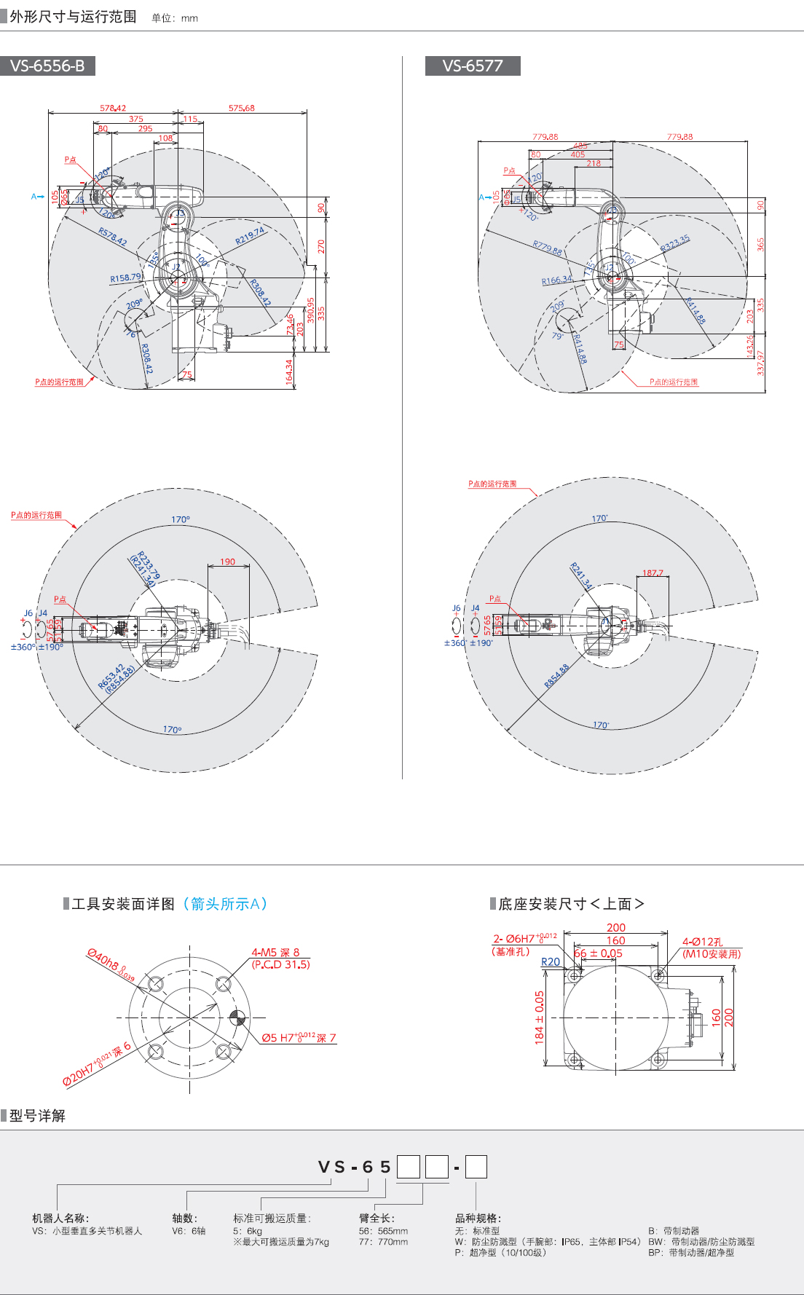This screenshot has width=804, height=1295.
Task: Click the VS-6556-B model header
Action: point(47,66)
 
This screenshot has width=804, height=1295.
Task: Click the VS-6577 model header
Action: point(473,66)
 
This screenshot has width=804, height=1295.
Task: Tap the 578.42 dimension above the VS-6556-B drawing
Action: point(113,108)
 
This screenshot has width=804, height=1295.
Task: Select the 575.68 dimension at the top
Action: point(242,108)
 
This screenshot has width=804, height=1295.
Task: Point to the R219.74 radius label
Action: point(250,235)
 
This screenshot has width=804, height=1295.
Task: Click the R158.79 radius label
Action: point(125,277)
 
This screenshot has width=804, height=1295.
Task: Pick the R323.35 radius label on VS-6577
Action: point(674,243)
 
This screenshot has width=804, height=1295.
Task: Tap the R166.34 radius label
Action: point(556,280)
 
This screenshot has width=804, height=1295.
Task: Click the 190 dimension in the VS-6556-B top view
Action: point(228,562)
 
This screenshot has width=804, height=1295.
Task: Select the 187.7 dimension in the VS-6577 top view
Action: point(653,572)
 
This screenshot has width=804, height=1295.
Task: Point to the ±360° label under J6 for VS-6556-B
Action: point(23,647)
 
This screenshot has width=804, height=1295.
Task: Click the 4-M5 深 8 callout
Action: point(275,952)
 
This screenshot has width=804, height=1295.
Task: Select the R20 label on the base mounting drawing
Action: point(551,961)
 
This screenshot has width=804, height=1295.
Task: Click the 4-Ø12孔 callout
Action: point(702,942)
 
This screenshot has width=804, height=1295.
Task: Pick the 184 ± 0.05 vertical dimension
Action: point(540,1017)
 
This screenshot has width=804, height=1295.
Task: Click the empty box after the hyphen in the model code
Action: point(476,1167)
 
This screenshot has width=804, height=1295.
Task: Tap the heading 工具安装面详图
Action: point(123,904)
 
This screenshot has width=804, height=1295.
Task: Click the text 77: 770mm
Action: point(383,1242)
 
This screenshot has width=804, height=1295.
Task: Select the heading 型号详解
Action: point(37,1116)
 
